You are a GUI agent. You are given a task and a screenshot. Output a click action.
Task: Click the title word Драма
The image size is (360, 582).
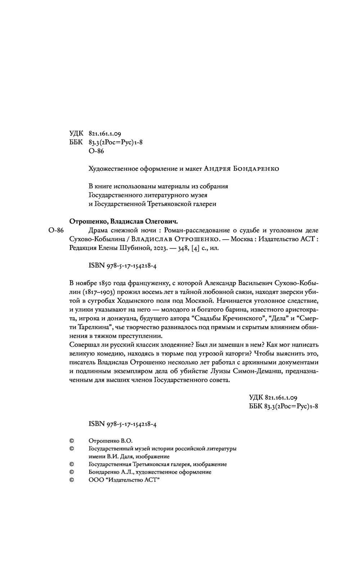coord(98,230)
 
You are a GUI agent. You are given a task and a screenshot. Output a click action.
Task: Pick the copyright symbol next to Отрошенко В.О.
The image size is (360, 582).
coord(71,440)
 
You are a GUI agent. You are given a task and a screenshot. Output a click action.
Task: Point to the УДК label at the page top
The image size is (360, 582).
coord(76,134)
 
